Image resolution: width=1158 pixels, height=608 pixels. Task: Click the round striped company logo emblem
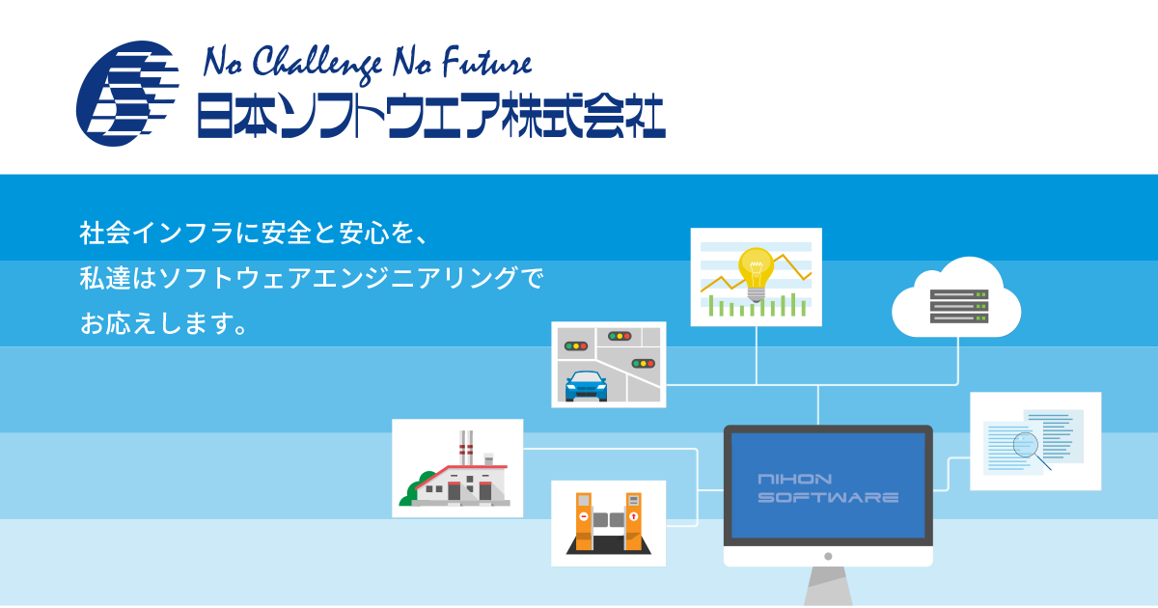click(127, 94)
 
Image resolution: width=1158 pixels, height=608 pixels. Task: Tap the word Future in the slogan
click(486, 63)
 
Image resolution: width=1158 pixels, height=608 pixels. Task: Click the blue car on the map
click(587, 386)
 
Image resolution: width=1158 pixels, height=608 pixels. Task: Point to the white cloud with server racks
click(956, 298)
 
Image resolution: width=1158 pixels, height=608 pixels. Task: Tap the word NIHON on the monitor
click(794, 480)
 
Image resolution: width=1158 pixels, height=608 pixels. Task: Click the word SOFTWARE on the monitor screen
click(828, 497)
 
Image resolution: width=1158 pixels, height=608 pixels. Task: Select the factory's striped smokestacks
click(466, 448)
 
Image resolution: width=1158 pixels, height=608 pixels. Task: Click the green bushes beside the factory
click(416, 489)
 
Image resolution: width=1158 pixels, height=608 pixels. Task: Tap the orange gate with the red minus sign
click(584, 522)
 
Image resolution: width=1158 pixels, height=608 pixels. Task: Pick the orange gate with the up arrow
click(634, 522)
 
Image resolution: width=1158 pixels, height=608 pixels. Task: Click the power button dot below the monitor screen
click(828, 556)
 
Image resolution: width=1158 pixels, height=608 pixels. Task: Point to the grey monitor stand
click(828, 587)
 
